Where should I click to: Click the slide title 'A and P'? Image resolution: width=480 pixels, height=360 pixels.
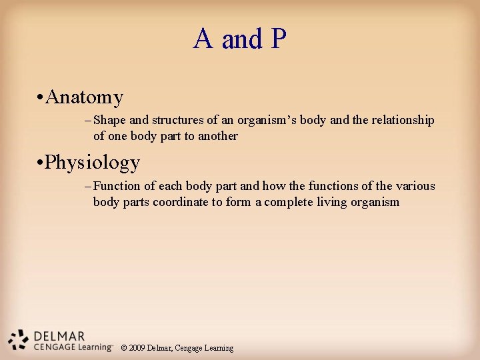tap(239, 39)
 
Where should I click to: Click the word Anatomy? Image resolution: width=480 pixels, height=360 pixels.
tap(85, 98)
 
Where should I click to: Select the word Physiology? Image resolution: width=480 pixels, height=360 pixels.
tap(93, 163)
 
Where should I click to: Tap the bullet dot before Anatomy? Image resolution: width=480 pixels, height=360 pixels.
tap(41, 99)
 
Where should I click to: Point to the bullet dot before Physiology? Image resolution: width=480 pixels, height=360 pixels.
tap(41, 163)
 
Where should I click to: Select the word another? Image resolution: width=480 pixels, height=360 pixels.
tap(217, 136)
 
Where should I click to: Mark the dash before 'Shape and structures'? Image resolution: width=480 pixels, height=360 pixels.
tap(89, 121)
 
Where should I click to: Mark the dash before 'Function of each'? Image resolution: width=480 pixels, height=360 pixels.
tap(89, 186)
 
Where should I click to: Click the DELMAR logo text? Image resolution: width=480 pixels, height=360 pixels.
tap(59, 336)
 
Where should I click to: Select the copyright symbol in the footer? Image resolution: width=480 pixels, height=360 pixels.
tap(124, 348)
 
